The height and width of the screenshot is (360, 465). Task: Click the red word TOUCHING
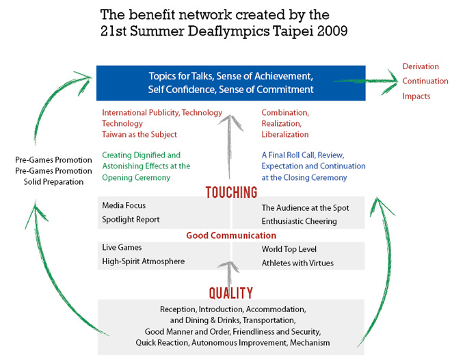coord(231,192)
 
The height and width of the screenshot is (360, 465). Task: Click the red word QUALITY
coord(231,292)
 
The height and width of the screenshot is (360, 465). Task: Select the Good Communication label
coord(231,235)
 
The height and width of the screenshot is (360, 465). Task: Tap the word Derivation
coord(421,66)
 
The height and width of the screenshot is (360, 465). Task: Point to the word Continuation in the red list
coord(425,81)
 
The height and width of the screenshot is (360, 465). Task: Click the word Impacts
coord(416,97)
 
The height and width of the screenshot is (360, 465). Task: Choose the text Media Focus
coord(124,205)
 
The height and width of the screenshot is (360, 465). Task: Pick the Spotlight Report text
coord(131,220)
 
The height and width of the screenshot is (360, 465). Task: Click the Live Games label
coord(122,247)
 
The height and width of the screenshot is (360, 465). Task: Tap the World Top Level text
coord(289,249)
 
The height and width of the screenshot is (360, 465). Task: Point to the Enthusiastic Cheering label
coord(299,222)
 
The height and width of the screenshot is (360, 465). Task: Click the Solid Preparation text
coord(53,181)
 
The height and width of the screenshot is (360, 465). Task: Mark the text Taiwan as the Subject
coord(139,135)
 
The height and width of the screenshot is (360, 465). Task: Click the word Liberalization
coord(285,135)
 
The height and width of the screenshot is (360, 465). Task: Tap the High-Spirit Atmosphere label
coord(143,261)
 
